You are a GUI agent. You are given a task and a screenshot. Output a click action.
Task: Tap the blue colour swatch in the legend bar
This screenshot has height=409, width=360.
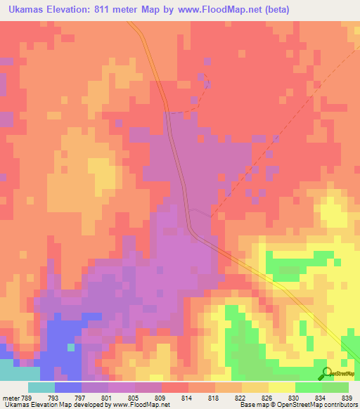68,387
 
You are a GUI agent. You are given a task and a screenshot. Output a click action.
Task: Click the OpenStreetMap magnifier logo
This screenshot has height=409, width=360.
326,373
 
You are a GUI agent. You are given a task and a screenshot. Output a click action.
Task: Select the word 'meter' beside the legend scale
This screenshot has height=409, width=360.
10,397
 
